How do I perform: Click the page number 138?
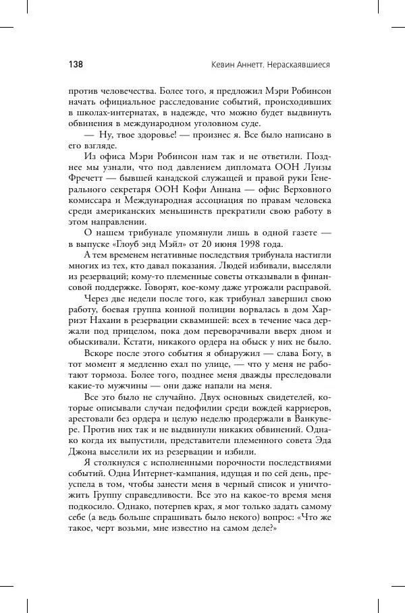[x=75, y=65]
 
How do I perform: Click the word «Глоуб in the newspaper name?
[x=138, y=243]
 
